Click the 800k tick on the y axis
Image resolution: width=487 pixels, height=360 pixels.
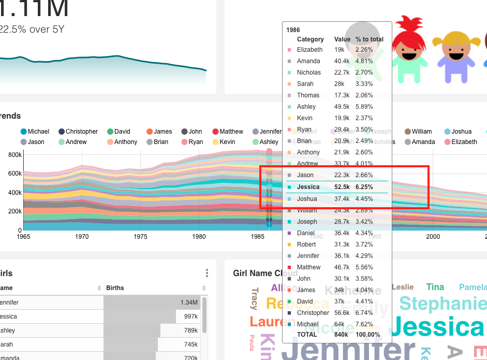pos(15,154)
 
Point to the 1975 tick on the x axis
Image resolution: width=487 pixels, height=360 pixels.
pos(140,237)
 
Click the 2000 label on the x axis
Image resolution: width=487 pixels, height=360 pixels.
pos(433,237)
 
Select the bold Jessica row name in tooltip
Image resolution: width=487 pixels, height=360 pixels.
pos(308,187)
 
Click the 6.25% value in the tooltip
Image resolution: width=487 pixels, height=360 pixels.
pos(364,187)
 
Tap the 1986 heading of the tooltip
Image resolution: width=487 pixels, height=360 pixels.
pos(293,30)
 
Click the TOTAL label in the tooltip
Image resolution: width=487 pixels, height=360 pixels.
pos(307,335)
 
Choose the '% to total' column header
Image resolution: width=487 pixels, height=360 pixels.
pos(370,39)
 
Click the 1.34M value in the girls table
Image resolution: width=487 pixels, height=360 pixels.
pos(189,303)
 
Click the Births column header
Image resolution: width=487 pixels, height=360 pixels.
pos(115,288)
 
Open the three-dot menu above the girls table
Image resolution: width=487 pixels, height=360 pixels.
pos(207,273)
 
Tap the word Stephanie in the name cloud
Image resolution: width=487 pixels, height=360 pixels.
pos(442,304)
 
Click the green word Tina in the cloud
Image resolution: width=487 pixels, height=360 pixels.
pos(435,287)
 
